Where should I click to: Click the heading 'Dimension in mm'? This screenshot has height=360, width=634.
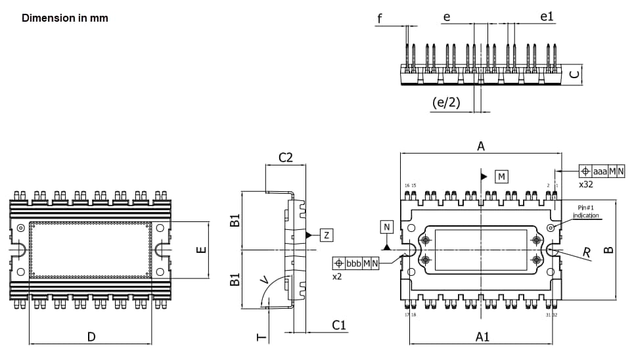pyautogui.click(x=65, y=18)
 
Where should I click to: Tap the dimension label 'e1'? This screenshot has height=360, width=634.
pyautogui.click(x=547, y=16)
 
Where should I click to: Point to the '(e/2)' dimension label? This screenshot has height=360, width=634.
pyautogui.click(x=446, y=102)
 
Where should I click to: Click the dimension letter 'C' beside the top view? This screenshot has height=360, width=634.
pyautogui.click(x=574, y=75)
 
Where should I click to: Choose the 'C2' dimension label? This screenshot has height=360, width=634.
pyautogui.click(x=286, y=158)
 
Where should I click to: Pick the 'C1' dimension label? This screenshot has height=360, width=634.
pyautogui.click(x=339, y=325)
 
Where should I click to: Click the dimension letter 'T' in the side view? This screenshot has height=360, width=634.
pyautogui.click(x=261, y=337)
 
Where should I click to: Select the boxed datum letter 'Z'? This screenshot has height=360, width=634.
pyautogui.click(x=327, y=235)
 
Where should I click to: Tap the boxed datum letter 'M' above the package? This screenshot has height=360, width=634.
pyautogui.click(x=501, y=177)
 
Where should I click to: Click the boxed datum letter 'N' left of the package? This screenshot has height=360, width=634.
pyautogui.click(x=387, y=227)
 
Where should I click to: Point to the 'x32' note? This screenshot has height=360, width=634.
pyautogui.click(x=586, y=185)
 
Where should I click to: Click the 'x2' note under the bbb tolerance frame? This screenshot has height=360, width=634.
pyautogui.click(x=337, y=277)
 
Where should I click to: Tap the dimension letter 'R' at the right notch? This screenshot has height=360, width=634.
pyautogui.click(x=587, y=252)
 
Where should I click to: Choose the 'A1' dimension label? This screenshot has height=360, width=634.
pyautogui.click(x=482, y=336)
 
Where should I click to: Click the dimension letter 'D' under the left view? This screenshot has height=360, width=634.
pyautogui.click(x=91, y=337)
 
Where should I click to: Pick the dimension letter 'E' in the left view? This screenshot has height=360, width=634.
pyautogui.click(x=202, y=250)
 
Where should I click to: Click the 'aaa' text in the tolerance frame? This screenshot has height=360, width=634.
pyautogui.click(x=600, y=171)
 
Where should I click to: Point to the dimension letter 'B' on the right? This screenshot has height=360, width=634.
pyautogui.click(x=608, y=250)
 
